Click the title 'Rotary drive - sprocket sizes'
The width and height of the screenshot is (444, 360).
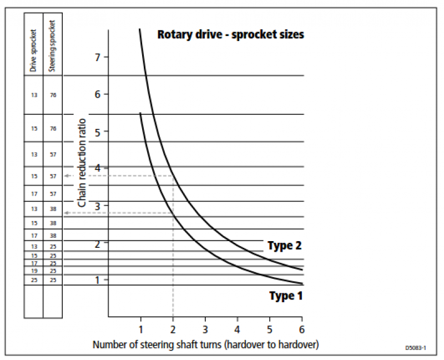tap(230, 34)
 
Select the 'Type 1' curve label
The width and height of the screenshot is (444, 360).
tap(286, 296)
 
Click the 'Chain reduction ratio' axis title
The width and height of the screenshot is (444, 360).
tap(82, 163)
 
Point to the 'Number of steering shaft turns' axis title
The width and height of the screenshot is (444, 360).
tap(205, 344)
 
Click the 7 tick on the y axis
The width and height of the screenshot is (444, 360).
tap(98, 57)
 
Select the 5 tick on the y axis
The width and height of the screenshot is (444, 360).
tap(98, 132)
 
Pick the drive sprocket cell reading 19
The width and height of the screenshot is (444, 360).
tap(34, 271)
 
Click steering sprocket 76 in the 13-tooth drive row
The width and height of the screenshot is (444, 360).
tap(53, 96)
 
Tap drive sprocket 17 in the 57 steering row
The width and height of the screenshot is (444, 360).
tap(34, 194)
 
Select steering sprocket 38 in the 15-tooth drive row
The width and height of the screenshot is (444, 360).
tap(53, 223)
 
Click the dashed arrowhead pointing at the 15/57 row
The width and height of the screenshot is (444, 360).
tap(67, 176)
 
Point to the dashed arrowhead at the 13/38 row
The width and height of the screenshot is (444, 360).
tap(67, 213)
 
